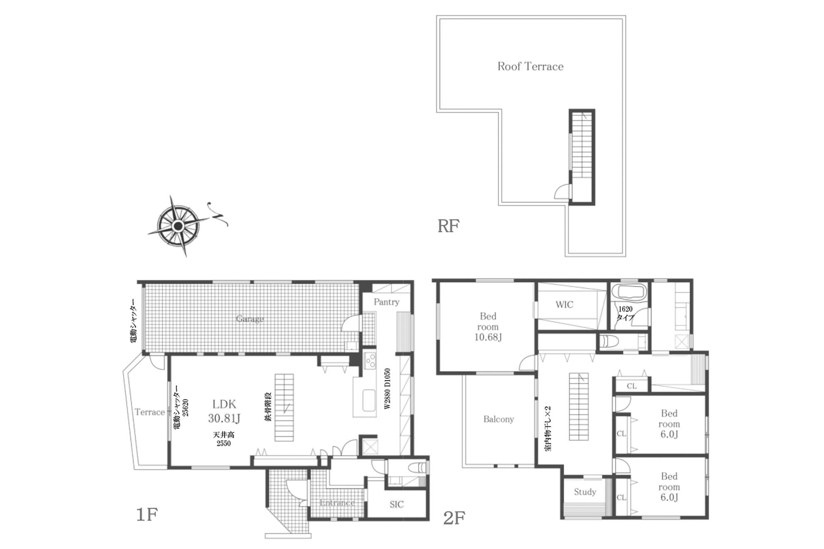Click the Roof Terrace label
[x=531, y=67]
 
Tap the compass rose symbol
[x=179, y=226]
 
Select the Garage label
[x=250, y=319]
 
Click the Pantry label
[x=386, y=302]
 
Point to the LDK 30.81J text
[x=224, y=411]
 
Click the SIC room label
[x=397, y=504]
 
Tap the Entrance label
[x=337, y=502]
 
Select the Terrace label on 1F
[x=149, y=412]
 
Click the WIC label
[x=564, y=304]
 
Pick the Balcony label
[x=499, y=419]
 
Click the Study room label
[x=585, y=492]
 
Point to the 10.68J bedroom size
[x=488, y=337]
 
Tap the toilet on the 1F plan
[x=417, y=468]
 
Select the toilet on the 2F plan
[x=610, y=342]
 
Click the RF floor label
[x=448, y=226]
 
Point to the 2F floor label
[x=454, y=518]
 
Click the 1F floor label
[x=147, y=515]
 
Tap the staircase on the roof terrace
[x=582, y=157]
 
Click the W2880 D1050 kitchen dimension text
[x=387, y=389]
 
